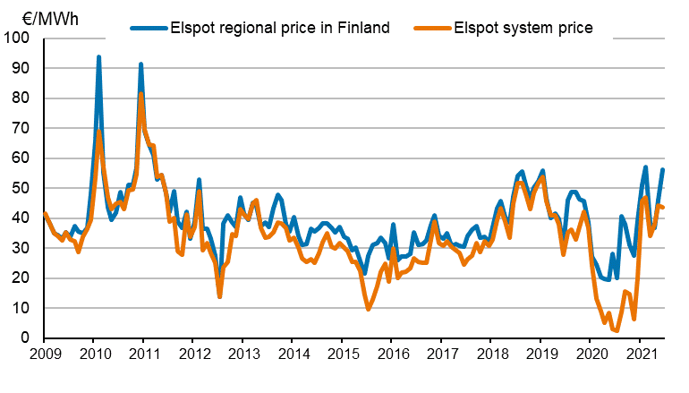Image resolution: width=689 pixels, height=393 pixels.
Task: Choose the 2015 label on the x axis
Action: click(341, 355)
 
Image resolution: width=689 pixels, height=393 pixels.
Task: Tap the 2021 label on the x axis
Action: click(640, 355)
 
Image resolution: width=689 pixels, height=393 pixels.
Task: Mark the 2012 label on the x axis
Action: click(192, 355)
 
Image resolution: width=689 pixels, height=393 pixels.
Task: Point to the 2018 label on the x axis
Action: click(490, 355)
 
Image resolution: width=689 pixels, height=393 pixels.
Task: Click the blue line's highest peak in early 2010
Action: click(98, 57)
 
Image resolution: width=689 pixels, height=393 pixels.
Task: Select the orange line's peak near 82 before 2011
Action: click(140, 93)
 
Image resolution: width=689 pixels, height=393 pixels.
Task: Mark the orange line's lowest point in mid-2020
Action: click(617, 331)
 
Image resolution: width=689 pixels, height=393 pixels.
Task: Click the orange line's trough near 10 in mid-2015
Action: click(368, 309)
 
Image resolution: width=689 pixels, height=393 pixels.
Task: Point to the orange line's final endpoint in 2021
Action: click(662, 207)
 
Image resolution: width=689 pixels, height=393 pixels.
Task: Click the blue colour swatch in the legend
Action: click(143, 28)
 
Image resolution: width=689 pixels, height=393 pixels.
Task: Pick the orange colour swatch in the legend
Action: click(430, 28)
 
